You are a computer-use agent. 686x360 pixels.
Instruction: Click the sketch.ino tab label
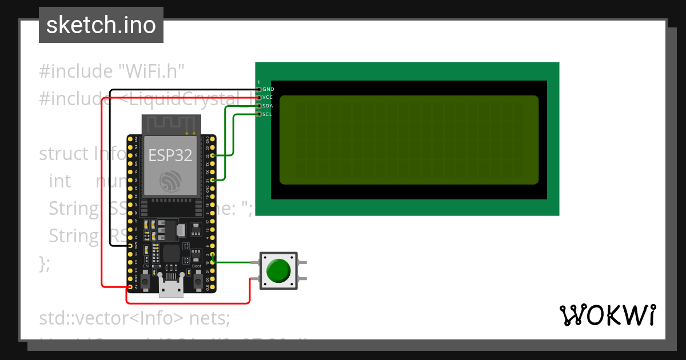pyautogui.click(x=101, y=25)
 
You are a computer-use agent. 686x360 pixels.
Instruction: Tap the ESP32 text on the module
pyautogui.click(x=170, y=155)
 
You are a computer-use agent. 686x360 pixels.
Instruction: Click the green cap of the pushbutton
pyautogui.click(x=278, y=270)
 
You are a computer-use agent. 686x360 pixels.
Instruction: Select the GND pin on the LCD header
pyautogui.click(x=258, y=89)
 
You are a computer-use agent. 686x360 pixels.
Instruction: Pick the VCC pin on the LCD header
pyautogui.click(x=258, y=98)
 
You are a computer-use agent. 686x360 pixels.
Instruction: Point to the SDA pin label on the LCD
pyautogui.click(x=267, y=106)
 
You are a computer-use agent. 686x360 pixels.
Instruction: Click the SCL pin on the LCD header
pyautogui.click(x=258, y=114)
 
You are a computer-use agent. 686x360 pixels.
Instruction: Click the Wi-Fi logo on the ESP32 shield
pyautogui.click(x=170, y=181)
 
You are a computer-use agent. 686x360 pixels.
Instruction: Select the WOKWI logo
pyautogui.click(x=607, y=315)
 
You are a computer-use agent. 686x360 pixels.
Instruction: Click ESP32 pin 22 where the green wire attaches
pyautogui.click(x=213, y=155)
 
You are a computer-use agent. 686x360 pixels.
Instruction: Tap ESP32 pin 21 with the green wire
pyautogui.click(x=213, y=180)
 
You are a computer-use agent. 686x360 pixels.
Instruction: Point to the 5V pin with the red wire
pyautogui.click(x=130, y=287)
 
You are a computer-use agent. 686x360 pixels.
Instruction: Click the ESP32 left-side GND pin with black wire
pyautogui.click(x=130, y=246)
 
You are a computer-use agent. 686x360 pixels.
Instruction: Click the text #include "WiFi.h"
pyautogui.click(x=112, y=71)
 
